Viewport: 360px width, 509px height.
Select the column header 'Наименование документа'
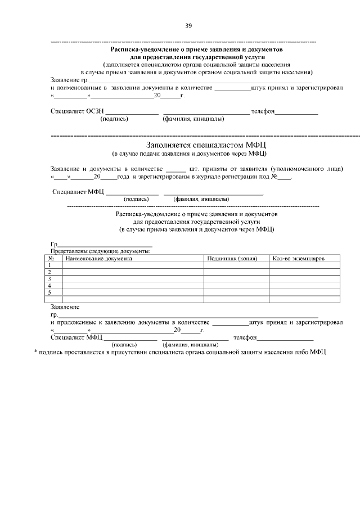[98, 258]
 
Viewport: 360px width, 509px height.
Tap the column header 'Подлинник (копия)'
[232, 258]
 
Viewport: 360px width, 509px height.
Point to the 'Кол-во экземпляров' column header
[298, 258]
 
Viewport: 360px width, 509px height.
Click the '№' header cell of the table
[51, 258]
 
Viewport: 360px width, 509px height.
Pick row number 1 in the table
[50, 265]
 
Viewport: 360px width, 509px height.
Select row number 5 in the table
[50, 292]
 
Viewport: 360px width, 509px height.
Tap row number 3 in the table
[50, 278]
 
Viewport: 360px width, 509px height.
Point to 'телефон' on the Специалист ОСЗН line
[263, 111]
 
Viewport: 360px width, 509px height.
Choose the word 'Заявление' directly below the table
[65, 307]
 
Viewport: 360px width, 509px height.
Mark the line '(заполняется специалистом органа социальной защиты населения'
[196, 65]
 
